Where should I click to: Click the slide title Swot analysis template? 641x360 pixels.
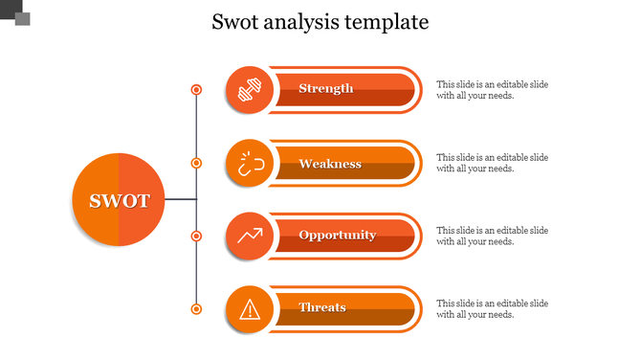pyautogui.click(x=320, y=22)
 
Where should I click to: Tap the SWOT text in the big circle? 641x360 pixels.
pyautogui.click(x=120, y=201)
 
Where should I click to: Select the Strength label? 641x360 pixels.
pyautogui.click(x=326, y=89)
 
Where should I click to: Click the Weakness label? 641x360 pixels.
pyautogui.click(x=330, y=164)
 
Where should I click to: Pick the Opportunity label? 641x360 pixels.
pyautogui.click(x=337, y=236)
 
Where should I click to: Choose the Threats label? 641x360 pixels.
pyautogui.click(x=322, y=307)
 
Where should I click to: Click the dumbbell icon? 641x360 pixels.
pyautogui.click(x=250, y=90)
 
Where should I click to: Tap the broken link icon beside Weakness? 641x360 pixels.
pyautogui.click(x=250, y=164)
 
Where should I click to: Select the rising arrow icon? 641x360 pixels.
pyautogui.click(x=250, y=236)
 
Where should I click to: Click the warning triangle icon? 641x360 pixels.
pyautogui.click(x=250, y=308)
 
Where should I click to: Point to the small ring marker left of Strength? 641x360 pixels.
pyautogui.click(x=196, y=90)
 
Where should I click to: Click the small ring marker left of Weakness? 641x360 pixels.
pyautogui.click(x=196, y=163)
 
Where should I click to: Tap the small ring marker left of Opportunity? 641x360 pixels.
pyautogui.click(x=196, y=236)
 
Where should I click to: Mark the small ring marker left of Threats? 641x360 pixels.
pyautogui.click(x=196, y=308)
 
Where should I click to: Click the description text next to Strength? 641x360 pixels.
pyautogui.click(x=492, y=90)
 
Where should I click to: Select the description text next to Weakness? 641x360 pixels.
pyautogui.click(x=492, y=163)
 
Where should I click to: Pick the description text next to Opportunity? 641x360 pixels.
pyautogui.click(x=492, y=236)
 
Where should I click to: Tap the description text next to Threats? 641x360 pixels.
pyautogui.click(x=492, y=308)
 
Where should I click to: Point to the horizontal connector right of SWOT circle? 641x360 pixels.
pyautogui.click(x=180, y=199)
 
